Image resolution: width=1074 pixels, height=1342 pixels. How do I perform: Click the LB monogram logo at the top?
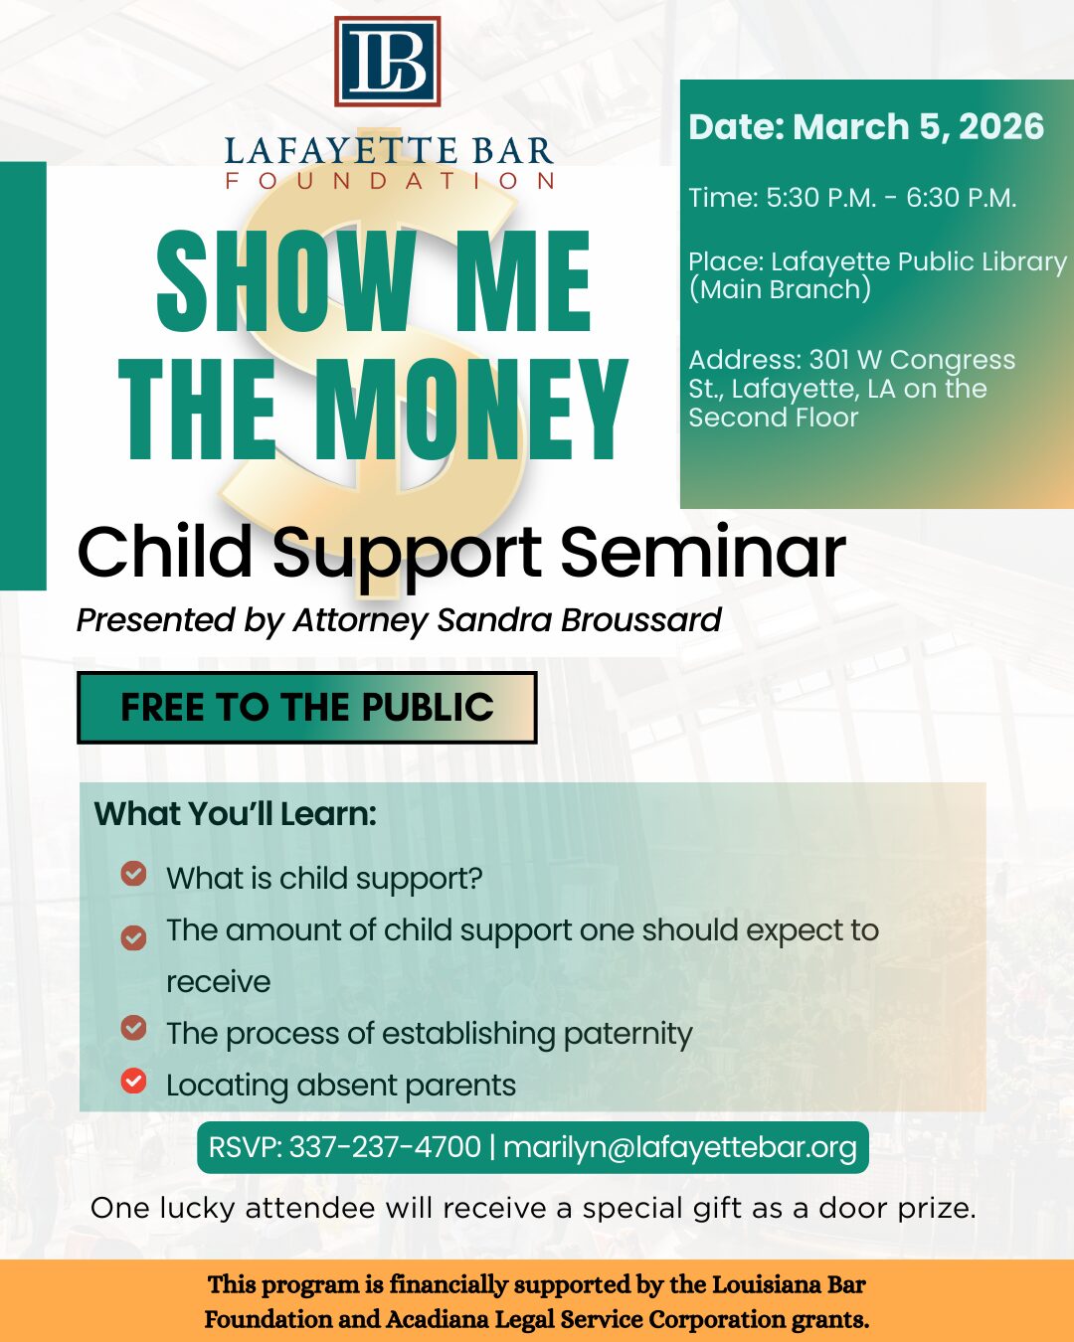pos(388,61)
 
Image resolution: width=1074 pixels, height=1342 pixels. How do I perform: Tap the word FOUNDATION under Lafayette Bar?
pos(390,181)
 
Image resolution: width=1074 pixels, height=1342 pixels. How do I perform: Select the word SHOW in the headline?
pos(286,280)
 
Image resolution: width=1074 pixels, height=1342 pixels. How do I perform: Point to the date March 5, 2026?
pos(918,127)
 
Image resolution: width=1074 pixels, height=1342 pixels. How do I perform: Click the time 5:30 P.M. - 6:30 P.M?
pos(891,198)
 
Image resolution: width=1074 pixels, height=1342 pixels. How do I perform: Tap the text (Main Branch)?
pos(780,290)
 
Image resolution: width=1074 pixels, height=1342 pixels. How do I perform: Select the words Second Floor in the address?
pos(774,418)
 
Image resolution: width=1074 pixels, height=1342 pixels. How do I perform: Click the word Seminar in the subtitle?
pos(703,552)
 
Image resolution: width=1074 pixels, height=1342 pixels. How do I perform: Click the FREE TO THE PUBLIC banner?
pos(307,707)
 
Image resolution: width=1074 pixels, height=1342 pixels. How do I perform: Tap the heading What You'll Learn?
pos(236,814)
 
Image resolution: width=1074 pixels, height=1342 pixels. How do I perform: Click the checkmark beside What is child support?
pos(133,874)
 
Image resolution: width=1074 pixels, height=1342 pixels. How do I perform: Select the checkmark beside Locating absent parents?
pos(133,1082)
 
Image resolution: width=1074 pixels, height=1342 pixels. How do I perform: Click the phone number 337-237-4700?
pos(385,1147)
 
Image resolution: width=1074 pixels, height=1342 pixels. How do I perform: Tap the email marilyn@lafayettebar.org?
pos(679,1147)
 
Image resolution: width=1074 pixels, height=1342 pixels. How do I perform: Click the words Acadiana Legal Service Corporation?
pos(585,1319)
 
